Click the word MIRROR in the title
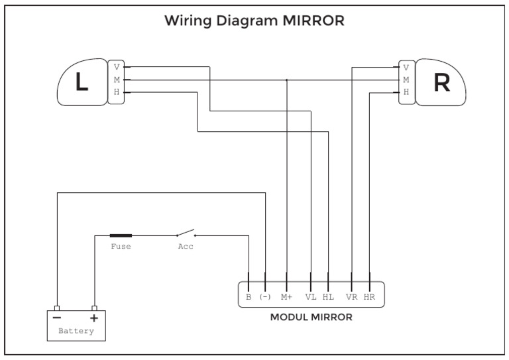coord(313,21)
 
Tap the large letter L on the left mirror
coord(82,81)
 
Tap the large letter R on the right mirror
coord(442,82)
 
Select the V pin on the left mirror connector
coord(117,67)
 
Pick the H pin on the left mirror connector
coord(117,92)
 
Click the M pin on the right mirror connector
coord(406,80)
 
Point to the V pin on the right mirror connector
coord(406,68)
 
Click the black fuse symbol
coord(121,235)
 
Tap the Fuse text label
coord(121,247)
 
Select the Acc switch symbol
coord(186,233)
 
